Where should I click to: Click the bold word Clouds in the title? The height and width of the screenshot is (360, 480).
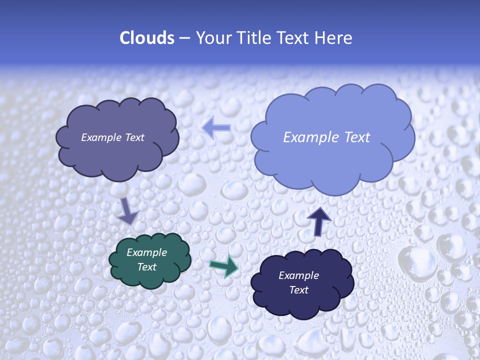pos(146,38)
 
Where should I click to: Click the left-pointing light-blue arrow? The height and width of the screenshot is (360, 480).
pos(216,128)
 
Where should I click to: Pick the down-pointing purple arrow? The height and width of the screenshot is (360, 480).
pos(127,211)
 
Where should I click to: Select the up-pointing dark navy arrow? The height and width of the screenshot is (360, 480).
pos(319,221)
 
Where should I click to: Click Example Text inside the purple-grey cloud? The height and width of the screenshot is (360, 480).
pos(112,137)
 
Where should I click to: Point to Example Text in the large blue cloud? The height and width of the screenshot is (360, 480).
pos(326,137)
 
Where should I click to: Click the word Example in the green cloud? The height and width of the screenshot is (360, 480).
pos(146,252)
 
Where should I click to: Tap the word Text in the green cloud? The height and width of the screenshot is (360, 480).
pos(146,267)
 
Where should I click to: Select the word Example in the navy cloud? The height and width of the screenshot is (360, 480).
pos(298,275)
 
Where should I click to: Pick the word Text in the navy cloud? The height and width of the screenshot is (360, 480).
pos(298,290)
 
